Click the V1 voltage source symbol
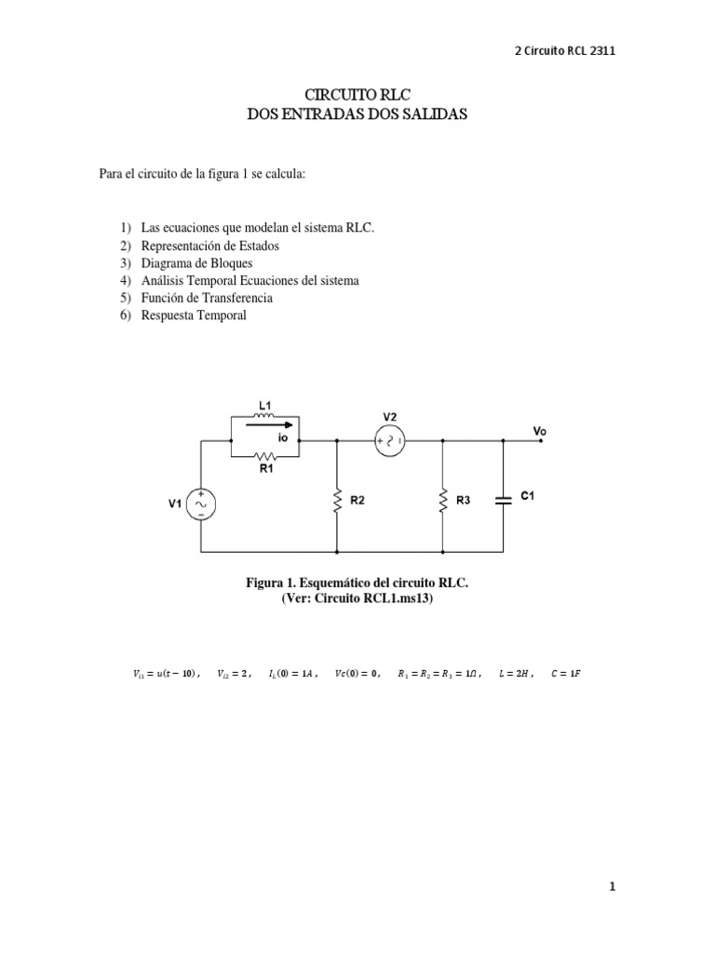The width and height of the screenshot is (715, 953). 201,504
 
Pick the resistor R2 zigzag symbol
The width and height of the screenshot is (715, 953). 335,501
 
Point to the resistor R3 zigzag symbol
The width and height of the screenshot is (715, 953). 442,501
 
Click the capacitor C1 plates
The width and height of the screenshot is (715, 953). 504,500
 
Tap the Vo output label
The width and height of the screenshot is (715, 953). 539,431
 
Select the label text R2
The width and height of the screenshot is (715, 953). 357,500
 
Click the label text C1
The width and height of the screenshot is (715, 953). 527,497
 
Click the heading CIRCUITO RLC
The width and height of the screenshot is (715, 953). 357,95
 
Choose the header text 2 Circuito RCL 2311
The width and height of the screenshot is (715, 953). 565,51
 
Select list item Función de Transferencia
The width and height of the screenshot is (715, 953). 207,298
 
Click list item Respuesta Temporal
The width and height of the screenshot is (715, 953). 194,315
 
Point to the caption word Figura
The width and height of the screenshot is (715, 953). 266,583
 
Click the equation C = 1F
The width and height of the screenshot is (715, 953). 564,673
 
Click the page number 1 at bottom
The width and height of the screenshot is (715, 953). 612,888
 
